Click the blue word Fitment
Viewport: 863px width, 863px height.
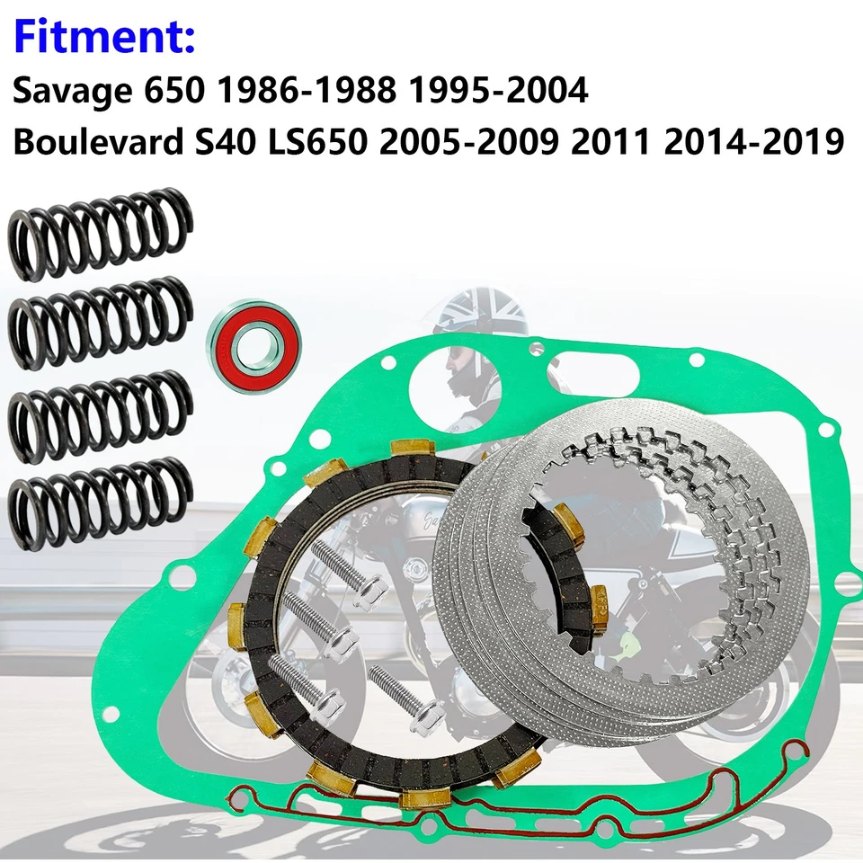(104, 38)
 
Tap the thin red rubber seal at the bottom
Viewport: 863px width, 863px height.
(539, 814)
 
